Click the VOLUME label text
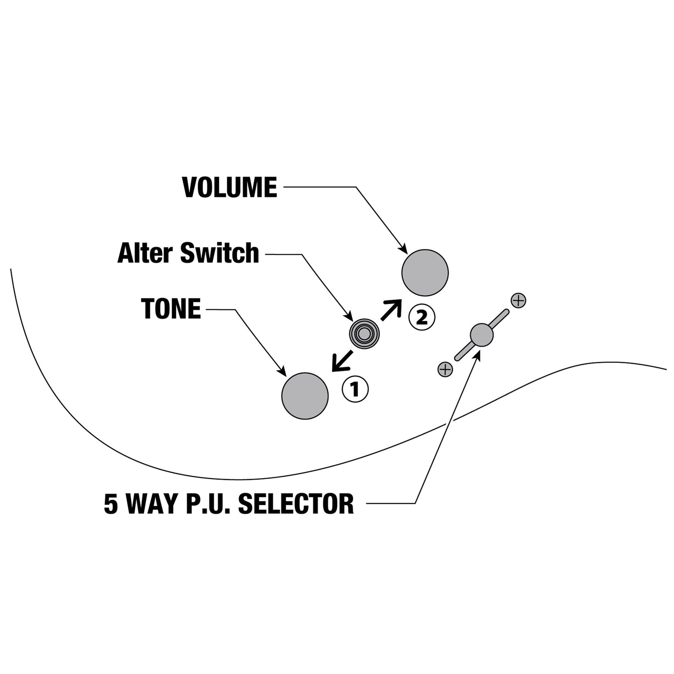pos(229,187)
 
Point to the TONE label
pos(171,308)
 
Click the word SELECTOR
pos(296,504)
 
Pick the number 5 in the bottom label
pos(111,504)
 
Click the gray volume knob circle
pos(424,272)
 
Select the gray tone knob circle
pos(305,396)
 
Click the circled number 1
pos(355,389)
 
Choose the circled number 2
pos(422,318)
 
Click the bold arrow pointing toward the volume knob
pos(391,310)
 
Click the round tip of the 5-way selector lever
pos(482,335)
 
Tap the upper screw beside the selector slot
pos(518,300)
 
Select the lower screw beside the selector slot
pos(445,369)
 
